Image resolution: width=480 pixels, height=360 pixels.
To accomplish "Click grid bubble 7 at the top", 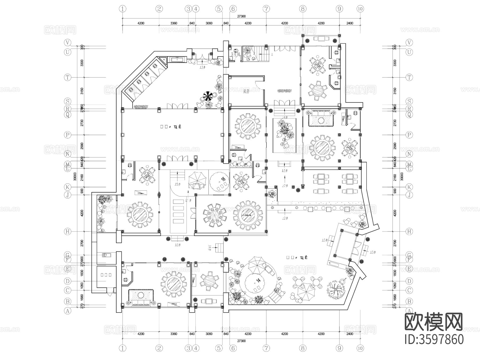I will pos(266,9).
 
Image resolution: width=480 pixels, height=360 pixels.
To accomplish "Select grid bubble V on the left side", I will pos(68,43).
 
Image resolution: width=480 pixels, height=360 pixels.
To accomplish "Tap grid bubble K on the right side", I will pos(409,187).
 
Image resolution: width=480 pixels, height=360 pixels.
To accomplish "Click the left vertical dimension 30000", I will pos(75,176).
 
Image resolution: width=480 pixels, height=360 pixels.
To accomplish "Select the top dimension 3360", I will pos(174,23).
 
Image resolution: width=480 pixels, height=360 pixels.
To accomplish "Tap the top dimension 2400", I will pos(349,23).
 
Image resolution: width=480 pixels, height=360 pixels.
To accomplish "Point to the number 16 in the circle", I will pos(223,179).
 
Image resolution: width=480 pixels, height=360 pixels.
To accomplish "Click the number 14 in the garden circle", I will pos(258,280).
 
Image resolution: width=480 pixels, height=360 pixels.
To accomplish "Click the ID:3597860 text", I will pos(434,339).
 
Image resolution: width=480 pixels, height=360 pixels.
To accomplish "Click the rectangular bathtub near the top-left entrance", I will pos(177,59).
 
